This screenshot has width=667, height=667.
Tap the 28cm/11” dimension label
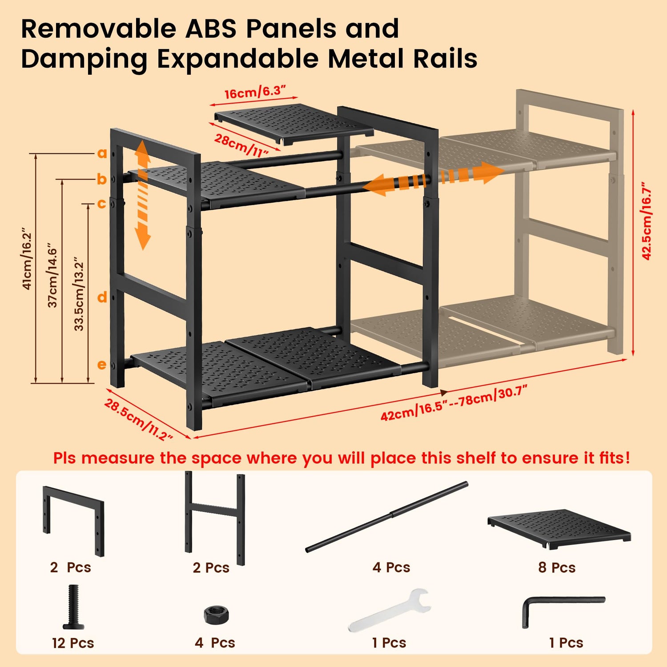pos(241,145)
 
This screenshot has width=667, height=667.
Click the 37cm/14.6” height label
pos(52,275)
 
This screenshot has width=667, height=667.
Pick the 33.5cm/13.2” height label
pos(79,293)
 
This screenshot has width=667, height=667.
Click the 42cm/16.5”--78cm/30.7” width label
pos(454,403)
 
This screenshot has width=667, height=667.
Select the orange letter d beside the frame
pos(102,297)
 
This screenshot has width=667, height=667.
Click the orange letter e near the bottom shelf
pos(102,365)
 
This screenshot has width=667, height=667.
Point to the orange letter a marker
pos(102,153)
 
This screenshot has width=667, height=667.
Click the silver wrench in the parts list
pos(389,610)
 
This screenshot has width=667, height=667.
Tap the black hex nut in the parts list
pos(217,615)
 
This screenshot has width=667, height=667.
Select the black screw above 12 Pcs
pos(73,607)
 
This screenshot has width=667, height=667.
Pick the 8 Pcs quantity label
pos(557,567)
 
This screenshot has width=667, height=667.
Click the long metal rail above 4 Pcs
pos(387,517)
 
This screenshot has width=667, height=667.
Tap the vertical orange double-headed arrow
pos(142,194)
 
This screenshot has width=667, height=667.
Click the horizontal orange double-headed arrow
pos(434,179)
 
